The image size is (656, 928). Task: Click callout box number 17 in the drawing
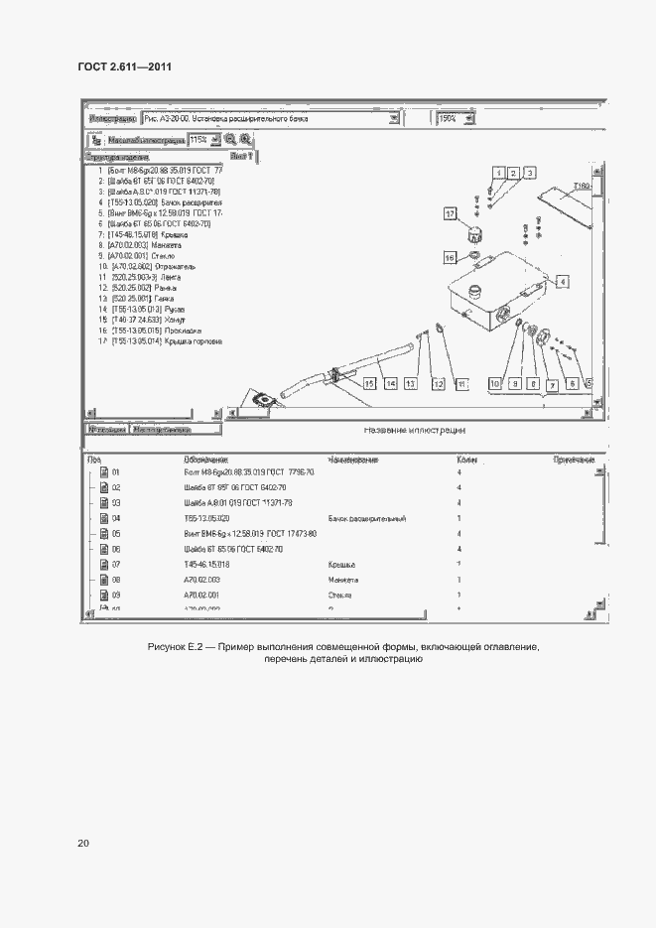(450, 213)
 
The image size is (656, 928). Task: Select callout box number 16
(449, 257)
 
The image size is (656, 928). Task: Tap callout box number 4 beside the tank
(563, 282)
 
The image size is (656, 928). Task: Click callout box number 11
(461, 382)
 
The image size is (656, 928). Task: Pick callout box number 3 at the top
(531, 173)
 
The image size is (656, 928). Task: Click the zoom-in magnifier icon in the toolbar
(230, 140)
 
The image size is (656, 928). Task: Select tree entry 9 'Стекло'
(135, 255)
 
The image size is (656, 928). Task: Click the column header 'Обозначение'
(206, 460)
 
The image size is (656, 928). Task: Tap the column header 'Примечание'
(574, 460)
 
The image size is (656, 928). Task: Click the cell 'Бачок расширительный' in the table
(367, 518)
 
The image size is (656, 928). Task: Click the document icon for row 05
(103, 534)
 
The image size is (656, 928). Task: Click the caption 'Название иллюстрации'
(415, 432)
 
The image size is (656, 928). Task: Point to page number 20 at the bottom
(83, 843)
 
